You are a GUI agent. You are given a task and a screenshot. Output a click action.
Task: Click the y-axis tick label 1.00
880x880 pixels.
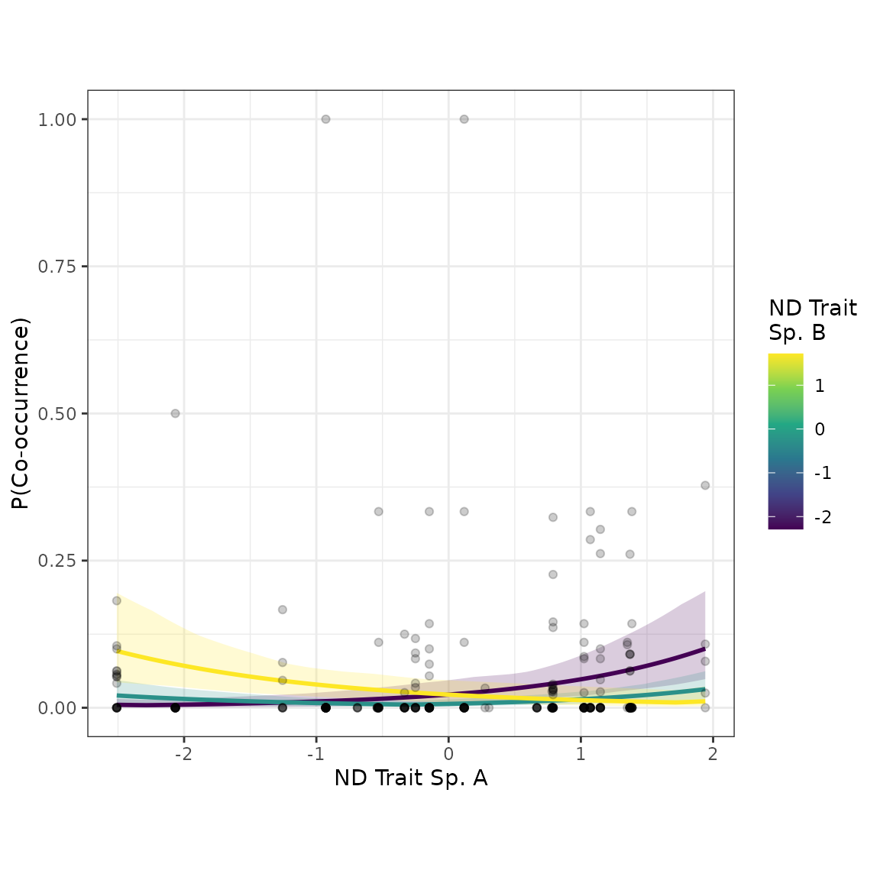[57, 119]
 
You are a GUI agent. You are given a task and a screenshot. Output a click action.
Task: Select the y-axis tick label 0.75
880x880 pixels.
[57, 267]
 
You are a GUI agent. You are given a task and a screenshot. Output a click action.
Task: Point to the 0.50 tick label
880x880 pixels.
[57, 414]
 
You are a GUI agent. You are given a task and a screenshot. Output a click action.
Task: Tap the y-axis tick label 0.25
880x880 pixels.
[57, 561]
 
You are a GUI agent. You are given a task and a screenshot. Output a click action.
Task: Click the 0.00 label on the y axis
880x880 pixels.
[57, 708]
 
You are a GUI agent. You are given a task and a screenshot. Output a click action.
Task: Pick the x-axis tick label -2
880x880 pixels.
[183, 753]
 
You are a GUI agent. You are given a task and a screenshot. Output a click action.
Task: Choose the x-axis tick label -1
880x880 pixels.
[316, 753]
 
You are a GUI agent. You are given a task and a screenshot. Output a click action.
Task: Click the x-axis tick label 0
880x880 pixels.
[448, 753]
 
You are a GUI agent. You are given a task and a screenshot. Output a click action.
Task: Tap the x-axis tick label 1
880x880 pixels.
[581, 753]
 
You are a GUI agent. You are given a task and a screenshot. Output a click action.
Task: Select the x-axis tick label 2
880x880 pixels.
[713, 753]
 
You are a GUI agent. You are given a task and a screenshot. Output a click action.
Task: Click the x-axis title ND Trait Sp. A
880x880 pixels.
[411, 778]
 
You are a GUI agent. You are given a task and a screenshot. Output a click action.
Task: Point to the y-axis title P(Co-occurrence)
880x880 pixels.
[20, 413]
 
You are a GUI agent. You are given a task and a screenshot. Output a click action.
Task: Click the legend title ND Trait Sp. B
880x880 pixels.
[813, 320]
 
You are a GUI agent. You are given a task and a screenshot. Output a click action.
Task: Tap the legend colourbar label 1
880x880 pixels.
[820, 386]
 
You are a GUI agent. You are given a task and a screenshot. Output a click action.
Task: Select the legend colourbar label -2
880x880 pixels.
[823, 517]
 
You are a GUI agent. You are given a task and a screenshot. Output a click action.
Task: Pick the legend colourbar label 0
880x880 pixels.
[820, 429]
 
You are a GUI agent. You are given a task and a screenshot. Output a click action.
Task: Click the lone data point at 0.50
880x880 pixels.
[175, 413]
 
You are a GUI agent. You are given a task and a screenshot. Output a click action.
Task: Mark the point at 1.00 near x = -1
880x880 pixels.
[325, 119]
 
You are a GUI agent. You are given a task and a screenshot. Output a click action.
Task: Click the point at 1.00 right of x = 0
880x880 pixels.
[464, 119]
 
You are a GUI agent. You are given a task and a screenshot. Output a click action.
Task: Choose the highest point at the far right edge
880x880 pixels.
[706, 486]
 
